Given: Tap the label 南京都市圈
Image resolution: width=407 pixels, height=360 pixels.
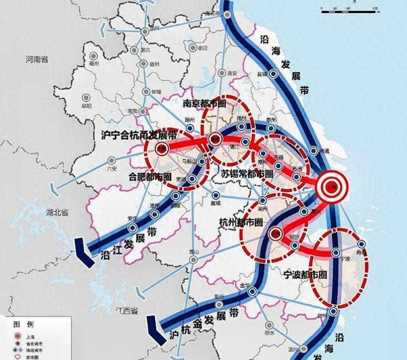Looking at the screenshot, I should coord(204,103).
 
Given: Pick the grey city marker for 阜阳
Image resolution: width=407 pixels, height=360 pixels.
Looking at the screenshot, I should coord(86,98).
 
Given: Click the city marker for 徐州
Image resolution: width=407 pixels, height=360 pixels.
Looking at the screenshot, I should coord(145,31).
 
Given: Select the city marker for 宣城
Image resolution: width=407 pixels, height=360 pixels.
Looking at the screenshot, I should coord(216,195).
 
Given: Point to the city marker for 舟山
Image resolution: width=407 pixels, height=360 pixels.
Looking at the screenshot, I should coord(362,243).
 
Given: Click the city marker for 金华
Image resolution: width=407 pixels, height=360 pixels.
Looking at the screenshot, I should coord(252,292).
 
